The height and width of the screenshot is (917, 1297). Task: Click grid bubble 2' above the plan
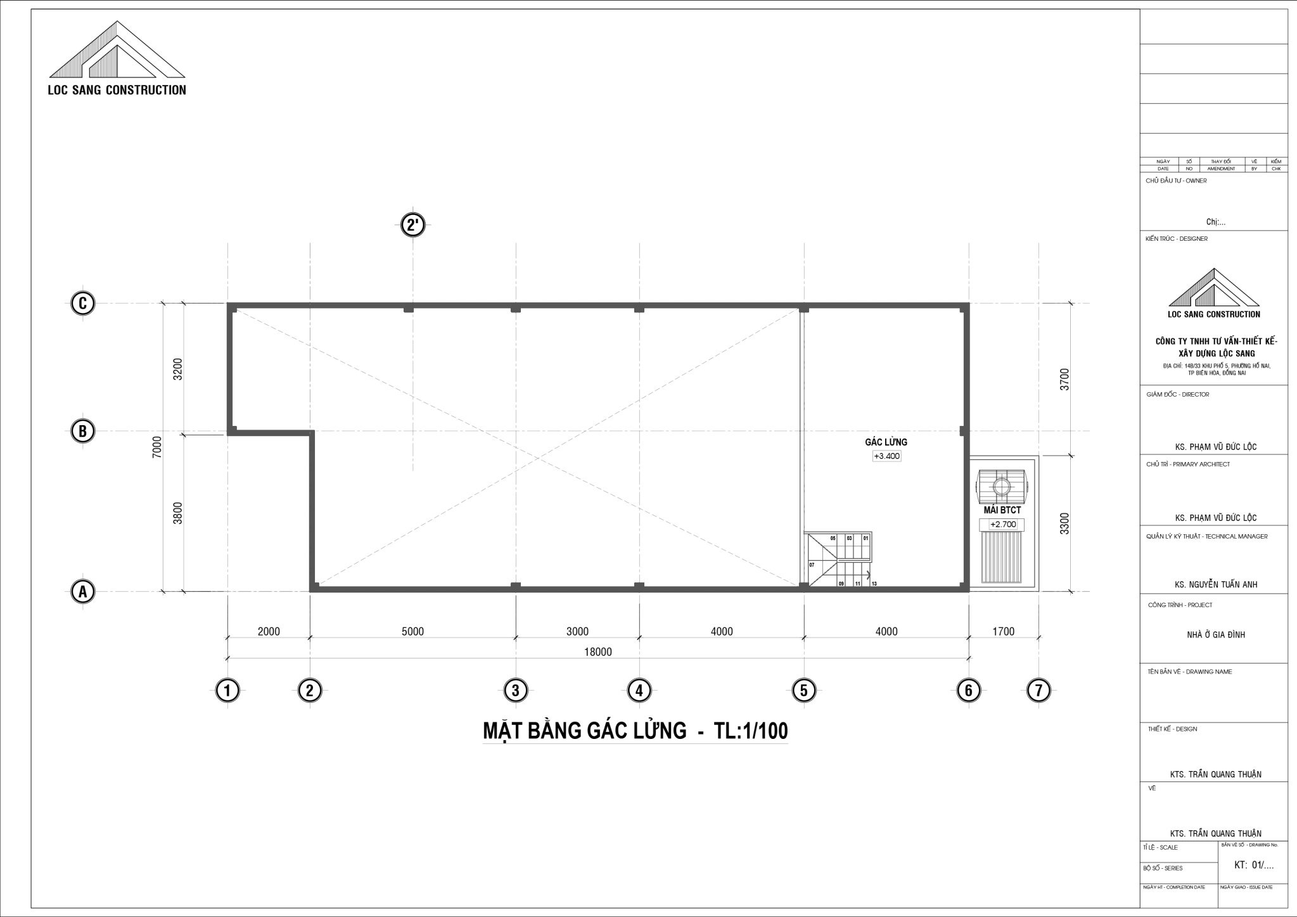414,225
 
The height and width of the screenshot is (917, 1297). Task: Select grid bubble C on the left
82,304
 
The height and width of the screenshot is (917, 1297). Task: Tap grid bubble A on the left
82,592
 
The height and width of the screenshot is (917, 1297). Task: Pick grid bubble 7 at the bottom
1038,690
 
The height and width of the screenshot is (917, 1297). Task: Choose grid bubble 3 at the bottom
516,690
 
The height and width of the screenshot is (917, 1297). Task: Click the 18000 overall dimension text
597,652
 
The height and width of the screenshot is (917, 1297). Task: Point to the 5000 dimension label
412,631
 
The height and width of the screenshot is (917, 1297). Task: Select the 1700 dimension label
1004,631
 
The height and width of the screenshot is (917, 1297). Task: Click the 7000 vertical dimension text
157,447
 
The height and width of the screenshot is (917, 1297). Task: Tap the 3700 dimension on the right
1064,379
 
